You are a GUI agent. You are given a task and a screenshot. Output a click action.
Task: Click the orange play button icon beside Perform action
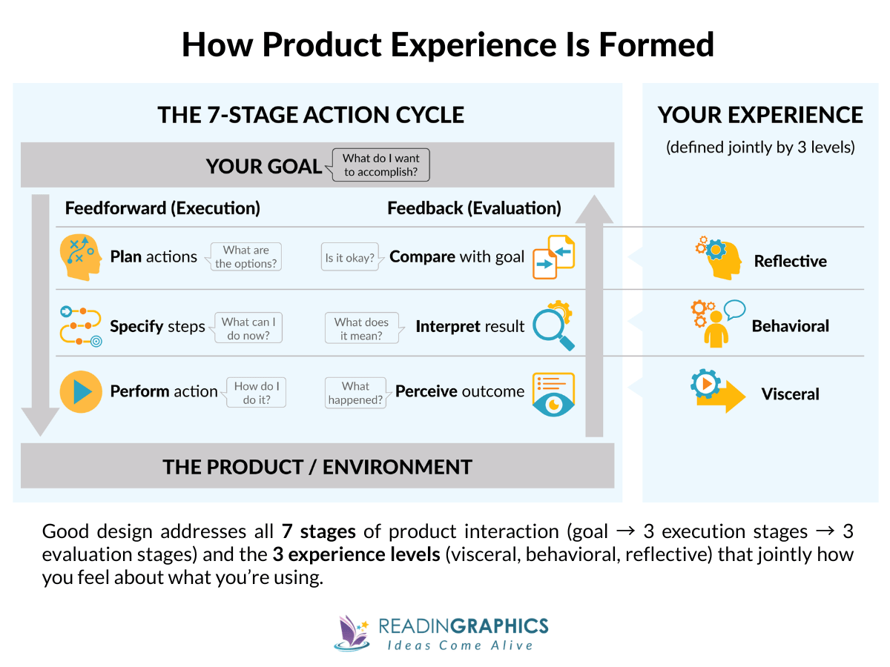80,391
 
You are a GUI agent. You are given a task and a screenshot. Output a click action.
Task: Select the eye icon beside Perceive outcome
553,394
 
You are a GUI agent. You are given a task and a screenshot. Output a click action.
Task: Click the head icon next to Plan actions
80,256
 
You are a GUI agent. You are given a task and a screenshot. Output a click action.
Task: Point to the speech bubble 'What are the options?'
245,256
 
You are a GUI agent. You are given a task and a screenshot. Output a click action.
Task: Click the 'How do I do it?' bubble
257,392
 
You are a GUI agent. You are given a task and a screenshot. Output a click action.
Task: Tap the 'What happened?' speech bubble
356,393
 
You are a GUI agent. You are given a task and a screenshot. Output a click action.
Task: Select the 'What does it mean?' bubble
361,328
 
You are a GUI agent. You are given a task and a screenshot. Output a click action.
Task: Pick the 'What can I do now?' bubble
248,328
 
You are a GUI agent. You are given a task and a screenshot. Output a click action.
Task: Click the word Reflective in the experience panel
790,261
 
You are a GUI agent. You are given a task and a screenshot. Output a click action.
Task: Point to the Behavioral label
790,326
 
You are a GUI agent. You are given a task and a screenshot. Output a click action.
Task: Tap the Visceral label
790,394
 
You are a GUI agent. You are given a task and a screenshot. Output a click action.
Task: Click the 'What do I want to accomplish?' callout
381,165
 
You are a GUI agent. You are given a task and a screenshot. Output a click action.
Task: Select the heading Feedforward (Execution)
162,208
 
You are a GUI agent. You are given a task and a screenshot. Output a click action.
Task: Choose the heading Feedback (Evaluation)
474,208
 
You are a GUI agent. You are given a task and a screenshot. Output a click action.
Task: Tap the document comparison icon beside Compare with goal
553,256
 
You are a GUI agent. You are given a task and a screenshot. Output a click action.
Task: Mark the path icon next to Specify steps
80,326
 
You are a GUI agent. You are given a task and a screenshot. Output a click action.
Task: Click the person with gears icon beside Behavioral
716,323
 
